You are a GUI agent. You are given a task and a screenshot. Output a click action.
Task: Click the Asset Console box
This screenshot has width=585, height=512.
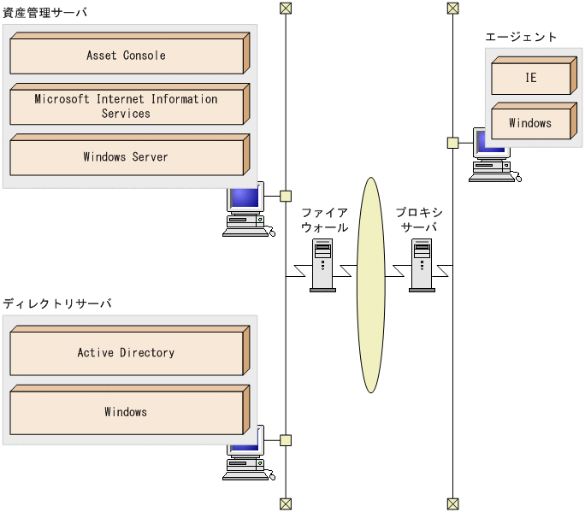tap(126, 56)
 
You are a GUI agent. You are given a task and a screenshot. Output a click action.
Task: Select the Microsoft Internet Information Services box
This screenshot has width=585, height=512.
tap(126, 107)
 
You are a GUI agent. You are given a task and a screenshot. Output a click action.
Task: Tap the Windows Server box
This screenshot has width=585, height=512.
tap(126, 157)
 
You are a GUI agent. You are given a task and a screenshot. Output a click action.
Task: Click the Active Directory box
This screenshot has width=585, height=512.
tap(126, 353)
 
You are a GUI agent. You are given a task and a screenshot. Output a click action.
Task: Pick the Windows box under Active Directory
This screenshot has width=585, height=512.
tap(126, 412)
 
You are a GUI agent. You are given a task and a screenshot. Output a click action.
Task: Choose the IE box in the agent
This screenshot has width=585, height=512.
tap(530, 78)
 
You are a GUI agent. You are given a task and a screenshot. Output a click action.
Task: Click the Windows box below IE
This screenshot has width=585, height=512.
tap(530, 124)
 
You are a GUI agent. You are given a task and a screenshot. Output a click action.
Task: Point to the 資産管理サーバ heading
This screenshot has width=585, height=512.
tap(44, 13)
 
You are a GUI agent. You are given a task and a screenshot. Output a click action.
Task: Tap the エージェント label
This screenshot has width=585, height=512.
tap(521, 37)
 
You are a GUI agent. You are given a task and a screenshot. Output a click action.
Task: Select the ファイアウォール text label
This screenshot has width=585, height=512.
tap(324, 221)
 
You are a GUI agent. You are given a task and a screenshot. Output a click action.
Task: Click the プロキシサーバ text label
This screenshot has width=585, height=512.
tap(419, 221)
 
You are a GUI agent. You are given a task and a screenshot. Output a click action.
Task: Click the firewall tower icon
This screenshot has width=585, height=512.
tap(322, 265)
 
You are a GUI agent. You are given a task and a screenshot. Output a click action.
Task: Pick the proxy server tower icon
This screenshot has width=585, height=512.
tap(422, 265)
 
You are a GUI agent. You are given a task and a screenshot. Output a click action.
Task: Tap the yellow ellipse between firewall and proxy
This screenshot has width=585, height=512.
tap(370, 285)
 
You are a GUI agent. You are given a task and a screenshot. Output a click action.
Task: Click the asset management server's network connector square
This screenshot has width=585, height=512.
tap(286, 196)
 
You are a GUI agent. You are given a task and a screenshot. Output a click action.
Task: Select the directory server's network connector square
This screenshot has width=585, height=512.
tap(286, 440)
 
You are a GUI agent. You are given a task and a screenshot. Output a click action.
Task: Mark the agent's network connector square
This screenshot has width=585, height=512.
tap(452, 143)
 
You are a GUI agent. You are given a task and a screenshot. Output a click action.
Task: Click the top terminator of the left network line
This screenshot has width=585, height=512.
tap(286, 9)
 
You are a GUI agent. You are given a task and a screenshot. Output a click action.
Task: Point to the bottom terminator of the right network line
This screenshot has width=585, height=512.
tap(452, 503)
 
